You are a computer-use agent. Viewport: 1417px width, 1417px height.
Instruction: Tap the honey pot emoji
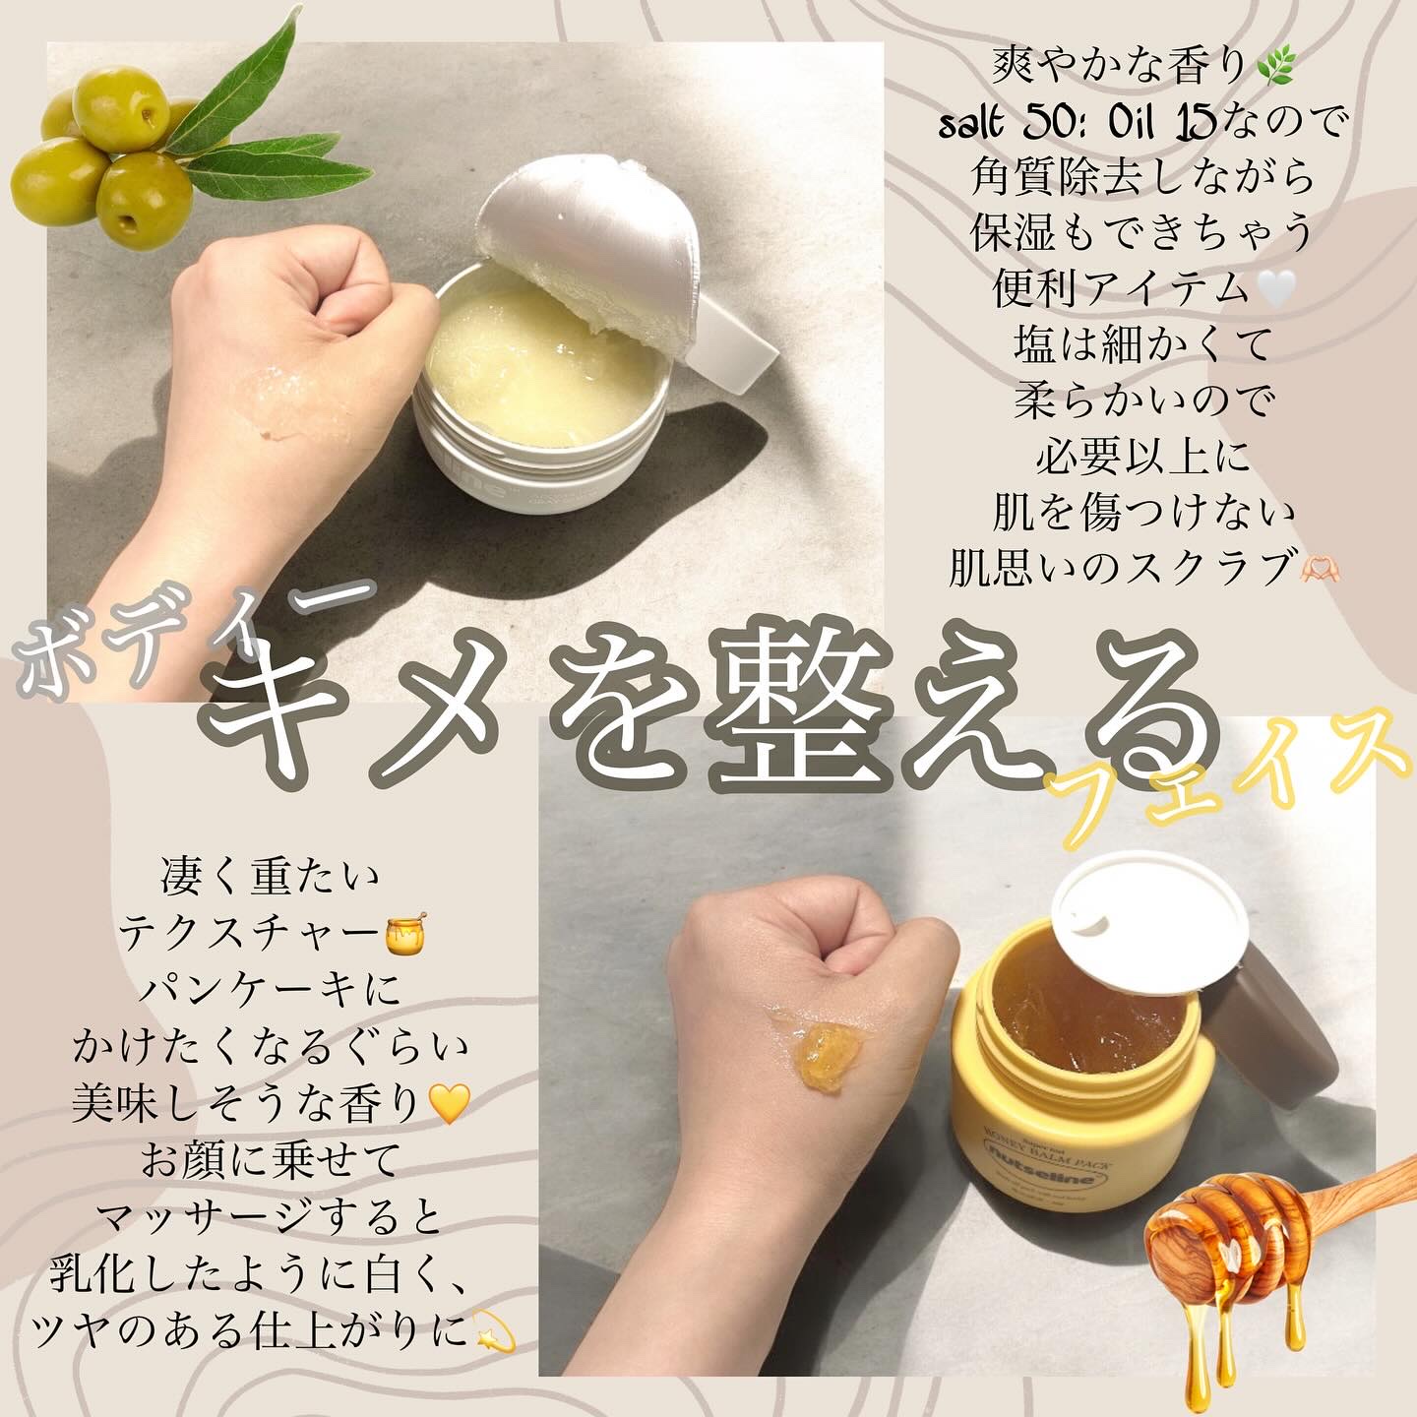coord(405,934)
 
